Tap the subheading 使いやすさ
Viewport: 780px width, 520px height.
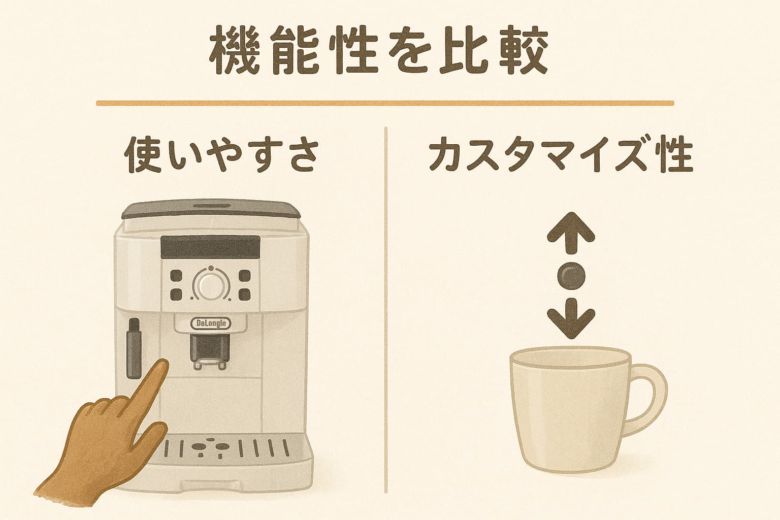pyautogui.click(x=221, y=155)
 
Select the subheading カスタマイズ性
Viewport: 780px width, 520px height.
pyautogui.click(x=561, y=155)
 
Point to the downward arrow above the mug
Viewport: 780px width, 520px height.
pyautogui.click(x=571, y=318)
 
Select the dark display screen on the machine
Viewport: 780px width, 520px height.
pyautogui.click(x=210, y=247)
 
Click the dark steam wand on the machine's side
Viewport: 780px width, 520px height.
pyautogui.click(x=134, y=348)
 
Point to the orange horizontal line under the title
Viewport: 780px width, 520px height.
pyautogui.click(x=385, y=103)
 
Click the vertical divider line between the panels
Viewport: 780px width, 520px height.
pyautogui.click(x=386, y=310)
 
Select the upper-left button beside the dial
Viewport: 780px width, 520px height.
pyautogui.click(x=176, y=276)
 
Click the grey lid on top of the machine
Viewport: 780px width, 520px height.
pyautogui.click(x=211, y=210)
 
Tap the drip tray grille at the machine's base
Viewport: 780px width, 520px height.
pyautogui.click(x=226, y=448)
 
